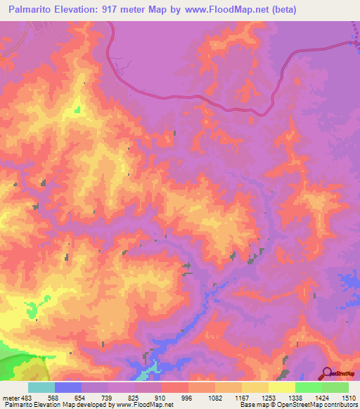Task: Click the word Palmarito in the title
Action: (x=32, y=10)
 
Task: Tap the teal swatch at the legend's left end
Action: (x=41, y=387)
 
